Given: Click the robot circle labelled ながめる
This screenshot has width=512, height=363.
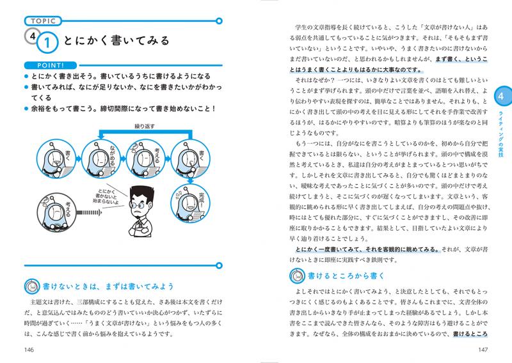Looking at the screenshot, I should pyautogui.click(x=106, y=157).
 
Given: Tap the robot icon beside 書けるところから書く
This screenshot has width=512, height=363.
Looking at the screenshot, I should pyautogui.click(x=296, y=276).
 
